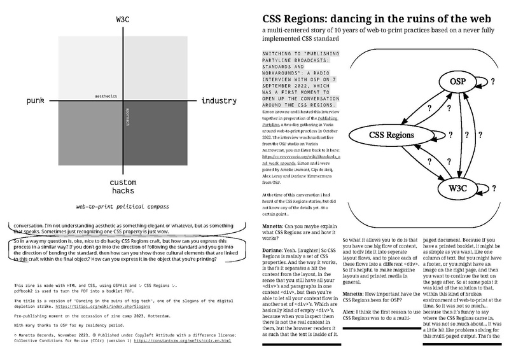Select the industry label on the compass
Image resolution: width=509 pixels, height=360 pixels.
pyautogui.click(x=218, y=101)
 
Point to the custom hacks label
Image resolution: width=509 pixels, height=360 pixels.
pyautogui.click(x=119, y=186)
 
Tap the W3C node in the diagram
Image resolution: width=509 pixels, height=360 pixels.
pyautogui.click(x=461, y=188)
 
